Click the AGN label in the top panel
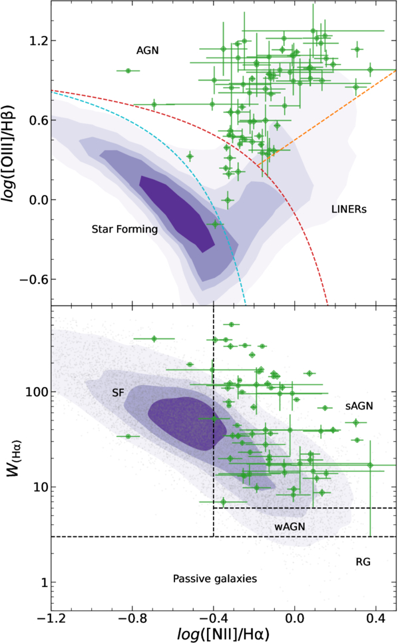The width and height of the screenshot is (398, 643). point(148,50)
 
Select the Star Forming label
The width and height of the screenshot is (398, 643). point(124,230)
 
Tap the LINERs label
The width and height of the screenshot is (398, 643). point(349,210)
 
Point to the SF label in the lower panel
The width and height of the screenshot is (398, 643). point(118,393)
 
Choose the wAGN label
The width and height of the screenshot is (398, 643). point(290,526)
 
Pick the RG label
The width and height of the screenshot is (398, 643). point(363,562)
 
